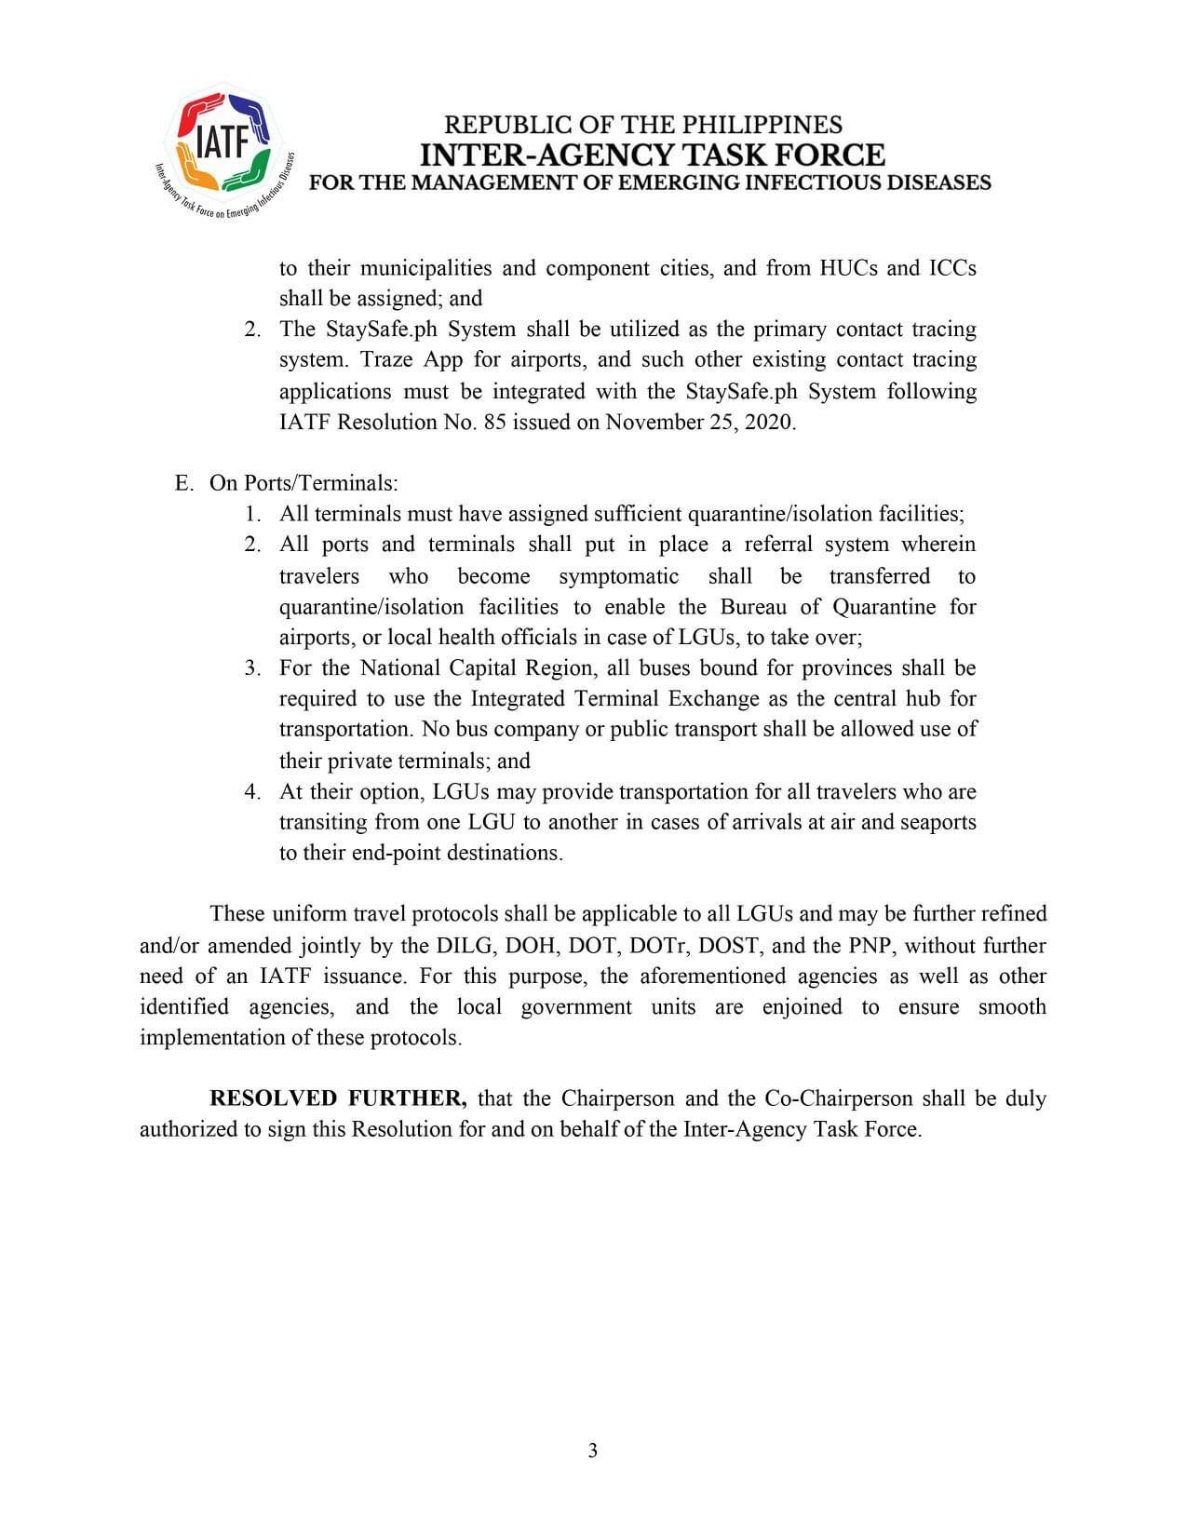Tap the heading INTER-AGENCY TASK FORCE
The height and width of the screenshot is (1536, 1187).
coord(652,154)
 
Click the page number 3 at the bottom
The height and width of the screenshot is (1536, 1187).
coord(592,1450)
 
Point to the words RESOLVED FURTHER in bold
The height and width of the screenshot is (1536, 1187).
coord(338,1098)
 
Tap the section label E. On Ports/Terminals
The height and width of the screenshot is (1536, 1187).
coord(287,482)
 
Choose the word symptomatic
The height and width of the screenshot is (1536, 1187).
coord(618,575)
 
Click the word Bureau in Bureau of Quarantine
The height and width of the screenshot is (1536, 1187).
coord(750,607)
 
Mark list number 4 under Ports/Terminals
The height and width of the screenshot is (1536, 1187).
coord(252,791)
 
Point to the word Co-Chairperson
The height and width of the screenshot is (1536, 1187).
coord(838,1098)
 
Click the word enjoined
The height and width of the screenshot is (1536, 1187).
coord(802,1007)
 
